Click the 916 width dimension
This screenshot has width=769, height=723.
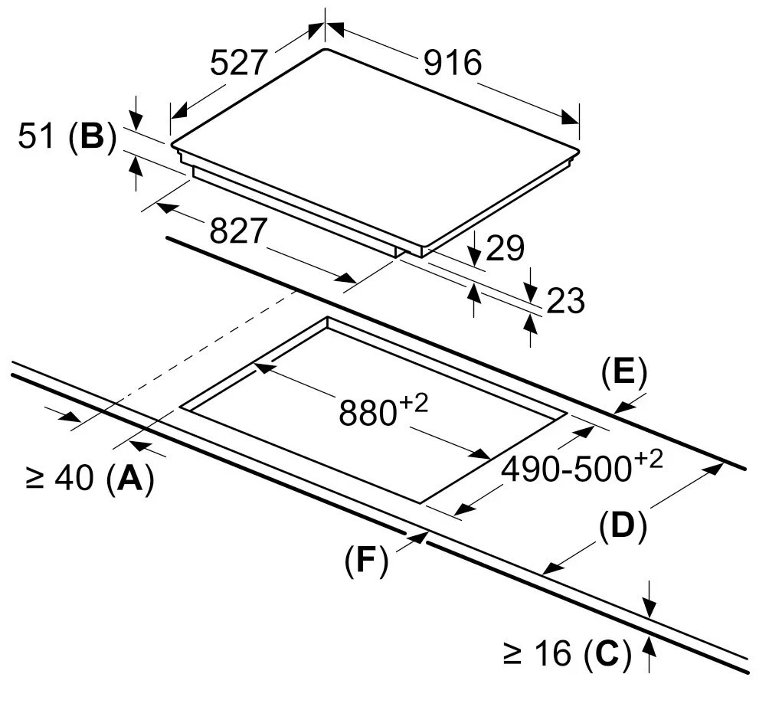click(x=453, y=63)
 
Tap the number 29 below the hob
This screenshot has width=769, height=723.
click(x=505, y=249)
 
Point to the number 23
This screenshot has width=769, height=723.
click(x=564, y=301)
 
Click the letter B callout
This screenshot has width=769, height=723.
click(x=92, y=137)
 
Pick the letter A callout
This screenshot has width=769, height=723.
click(x=130, y=479)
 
